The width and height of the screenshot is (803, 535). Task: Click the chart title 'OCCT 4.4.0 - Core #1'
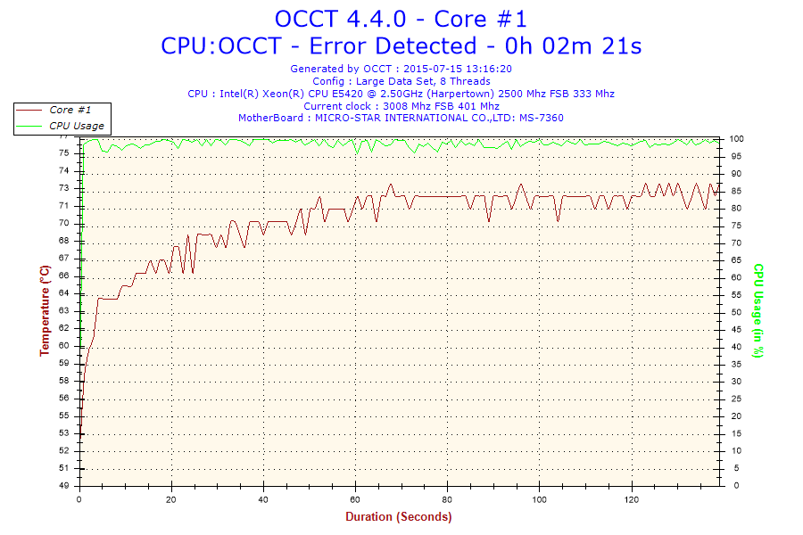(x=401, y=19)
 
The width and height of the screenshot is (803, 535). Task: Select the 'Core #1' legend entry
(x=70, y=110)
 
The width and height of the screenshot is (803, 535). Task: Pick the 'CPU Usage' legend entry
(x=76, y=126)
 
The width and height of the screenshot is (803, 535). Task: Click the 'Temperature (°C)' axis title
(x=45, y=310)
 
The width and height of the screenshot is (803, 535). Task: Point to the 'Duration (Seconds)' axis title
(x=399, y=516)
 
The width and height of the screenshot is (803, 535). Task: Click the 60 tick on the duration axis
(x=355, y=498)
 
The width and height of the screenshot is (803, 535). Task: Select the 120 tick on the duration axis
(x=631, y=498)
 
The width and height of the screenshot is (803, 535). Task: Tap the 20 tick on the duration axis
(x=171, y=498)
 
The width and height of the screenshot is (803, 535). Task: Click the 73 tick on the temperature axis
(x=63, y=188)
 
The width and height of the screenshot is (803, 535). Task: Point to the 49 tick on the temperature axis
(x=63, y=486)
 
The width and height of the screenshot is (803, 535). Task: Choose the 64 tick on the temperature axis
(x=63, y=293)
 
